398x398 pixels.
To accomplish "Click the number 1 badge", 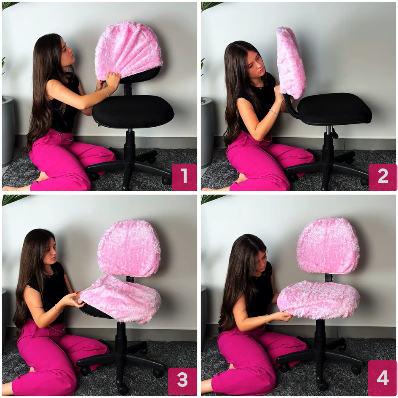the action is point(184,177).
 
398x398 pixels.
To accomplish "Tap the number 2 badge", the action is point(383,177).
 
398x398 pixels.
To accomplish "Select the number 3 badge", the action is point(182,381).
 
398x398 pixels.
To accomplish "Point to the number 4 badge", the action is point(382,378).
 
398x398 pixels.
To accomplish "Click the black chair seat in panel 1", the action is point(133,111).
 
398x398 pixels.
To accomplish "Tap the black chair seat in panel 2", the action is point(334,109).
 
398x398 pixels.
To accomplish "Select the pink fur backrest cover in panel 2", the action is point(290,62).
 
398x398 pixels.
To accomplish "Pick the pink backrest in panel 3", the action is point(129,248).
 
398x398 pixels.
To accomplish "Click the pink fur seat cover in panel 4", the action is point(318,300).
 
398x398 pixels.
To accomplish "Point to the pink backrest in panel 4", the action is point(328,246).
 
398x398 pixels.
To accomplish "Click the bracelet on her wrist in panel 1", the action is point(106,93).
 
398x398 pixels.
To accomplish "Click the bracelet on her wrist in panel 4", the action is point(266,320).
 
